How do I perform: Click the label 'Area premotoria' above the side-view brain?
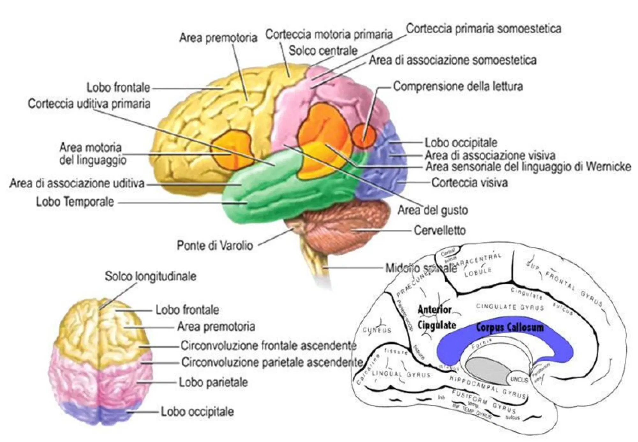tap(218, 38)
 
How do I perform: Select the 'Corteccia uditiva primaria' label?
tap(89, 104)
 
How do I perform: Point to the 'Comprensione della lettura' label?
tap(458, 86)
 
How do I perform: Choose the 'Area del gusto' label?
tap(433, 210)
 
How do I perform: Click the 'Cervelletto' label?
tap(440, 230)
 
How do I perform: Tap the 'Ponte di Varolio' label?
tap(215, 245)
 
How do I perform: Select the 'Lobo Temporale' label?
tap(75, 202)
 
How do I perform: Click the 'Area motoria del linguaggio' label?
tap(93, 154)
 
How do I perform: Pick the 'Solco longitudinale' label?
tap(150, 276)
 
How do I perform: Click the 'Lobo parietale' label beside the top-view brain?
tap(213, 382)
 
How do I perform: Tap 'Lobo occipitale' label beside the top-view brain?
tap(197, 412)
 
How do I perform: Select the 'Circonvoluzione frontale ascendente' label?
tap(268, 346)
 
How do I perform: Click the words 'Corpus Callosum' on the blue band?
tap(509, 327)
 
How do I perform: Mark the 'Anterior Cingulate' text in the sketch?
tap(436, 318)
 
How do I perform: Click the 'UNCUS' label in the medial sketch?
tap(519, 379)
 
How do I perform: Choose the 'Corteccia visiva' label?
tap(469, 183)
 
